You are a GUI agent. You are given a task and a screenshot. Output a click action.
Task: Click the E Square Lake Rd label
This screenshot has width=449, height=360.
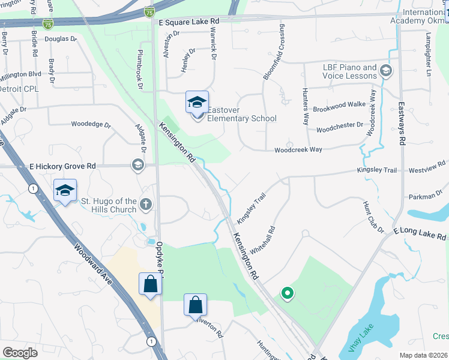pyautogui.click(x=188, y=21)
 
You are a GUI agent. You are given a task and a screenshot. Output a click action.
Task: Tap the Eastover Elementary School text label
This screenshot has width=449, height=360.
pyautogui.click(x=242, y=114)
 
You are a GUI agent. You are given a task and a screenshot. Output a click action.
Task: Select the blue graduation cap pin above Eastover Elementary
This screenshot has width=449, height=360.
pyautogui.click(x=196, y=103)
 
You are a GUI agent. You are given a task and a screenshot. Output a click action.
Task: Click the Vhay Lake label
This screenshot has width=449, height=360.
pyautogui.click(x=357, y=338)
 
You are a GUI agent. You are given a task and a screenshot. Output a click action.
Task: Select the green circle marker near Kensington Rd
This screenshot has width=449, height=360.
pyautogui.click(x=288, y=293)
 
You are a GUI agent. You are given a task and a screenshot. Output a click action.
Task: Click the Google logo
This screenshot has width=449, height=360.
pyautogui.click(x=20, y=353)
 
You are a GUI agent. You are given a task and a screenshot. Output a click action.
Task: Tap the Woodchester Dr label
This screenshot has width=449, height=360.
pyautogui.click(x=340, y=127)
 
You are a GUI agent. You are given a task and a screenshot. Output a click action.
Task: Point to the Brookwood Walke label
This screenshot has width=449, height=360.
pyautogui.click(x=339, y=104)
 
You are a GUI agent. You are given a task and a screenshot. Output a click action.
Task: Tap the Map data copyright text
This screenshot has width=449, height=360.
pyautogui.click(x=423, y=355)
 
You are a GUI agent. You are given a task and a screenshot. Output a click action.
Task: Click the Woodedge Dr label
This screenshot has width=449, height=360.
pyautogui.click(x=91, y=125)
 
